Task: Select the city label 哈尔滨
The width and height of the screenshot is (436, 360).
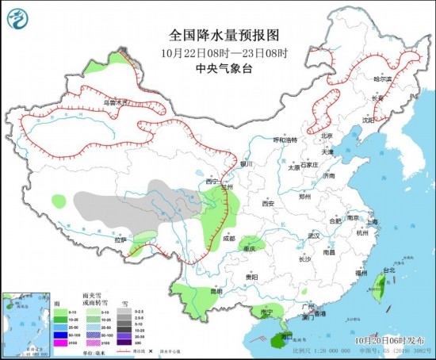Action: point(383,79)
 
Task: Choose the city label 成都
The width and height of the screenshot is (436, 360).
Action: point(229,237)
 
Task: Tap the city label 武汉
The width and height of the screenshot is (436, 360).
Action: point(313,236)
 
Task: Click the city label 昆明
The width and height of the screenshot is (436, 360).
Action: point(205,291)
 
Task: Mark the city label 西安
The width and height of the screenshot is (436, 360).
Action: point(267,204)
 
